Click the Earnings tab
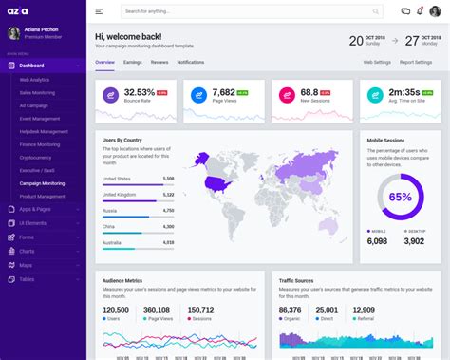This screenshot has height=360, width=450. tap(132, 62)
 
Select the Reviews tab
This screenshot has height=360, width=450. tap(159, 62)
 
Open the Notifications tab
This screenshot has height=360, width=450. tap(190, 62)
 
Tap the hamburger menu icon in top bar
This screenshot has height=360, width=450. tap(100, 11)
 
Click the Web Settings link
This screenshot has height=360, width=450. tap(377, 62)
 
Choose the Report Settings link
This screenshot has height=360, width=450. tap(416, 62)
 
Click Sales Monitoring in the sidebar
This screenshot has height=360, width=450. tap(39, 93)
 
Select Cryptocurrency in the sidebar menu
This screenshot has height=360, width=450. tap(36, 158)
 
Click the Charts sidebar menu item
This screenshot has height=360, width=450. tap(26, 251)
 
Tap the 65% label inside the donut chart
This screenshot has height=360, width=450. tap(400, 198)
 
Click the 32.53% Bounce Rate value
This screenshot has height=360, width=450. tap(139, 92)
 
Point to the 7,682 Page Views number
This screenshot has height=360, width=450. tap(225, 92)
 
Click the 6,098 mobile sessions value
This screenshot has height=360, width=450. tap(377, 241)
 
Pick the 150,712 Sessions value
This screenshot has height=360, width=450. tap(200, 310)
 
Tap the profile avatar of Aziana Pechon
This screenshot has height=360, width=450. tap(13, 32)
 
